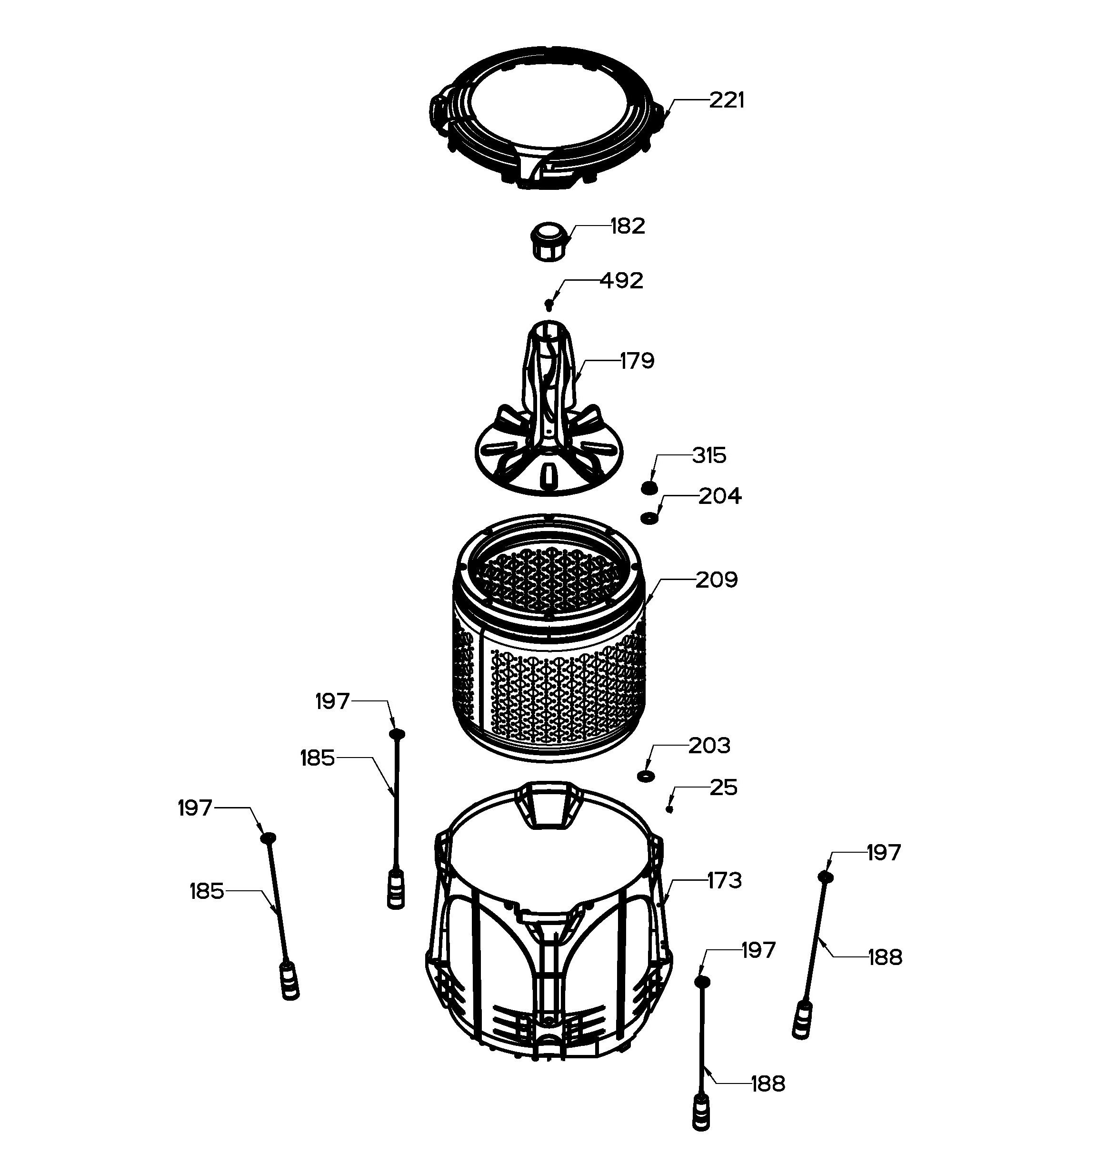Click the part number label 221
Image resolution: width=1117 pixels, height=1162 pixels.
pos(727,100)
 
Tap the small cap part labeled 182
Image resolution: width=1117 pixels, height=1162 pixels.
pos(550,241)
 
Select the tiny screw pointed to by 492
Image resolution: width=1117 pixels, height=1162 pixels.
pos(549,305)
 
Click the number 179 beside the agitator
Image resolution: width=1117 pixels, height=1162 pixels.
pos(637,361)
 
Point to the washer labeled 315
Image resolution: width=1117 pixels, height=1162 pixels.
pos(649,487)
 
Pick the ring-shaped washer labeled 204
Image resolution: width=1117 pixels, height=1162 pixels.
pos(649,519)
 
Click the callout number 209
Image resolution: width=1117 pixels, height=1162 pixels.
pos(717,580)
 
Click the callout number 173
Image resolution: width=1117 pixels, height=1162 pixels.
pos(724,880)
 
